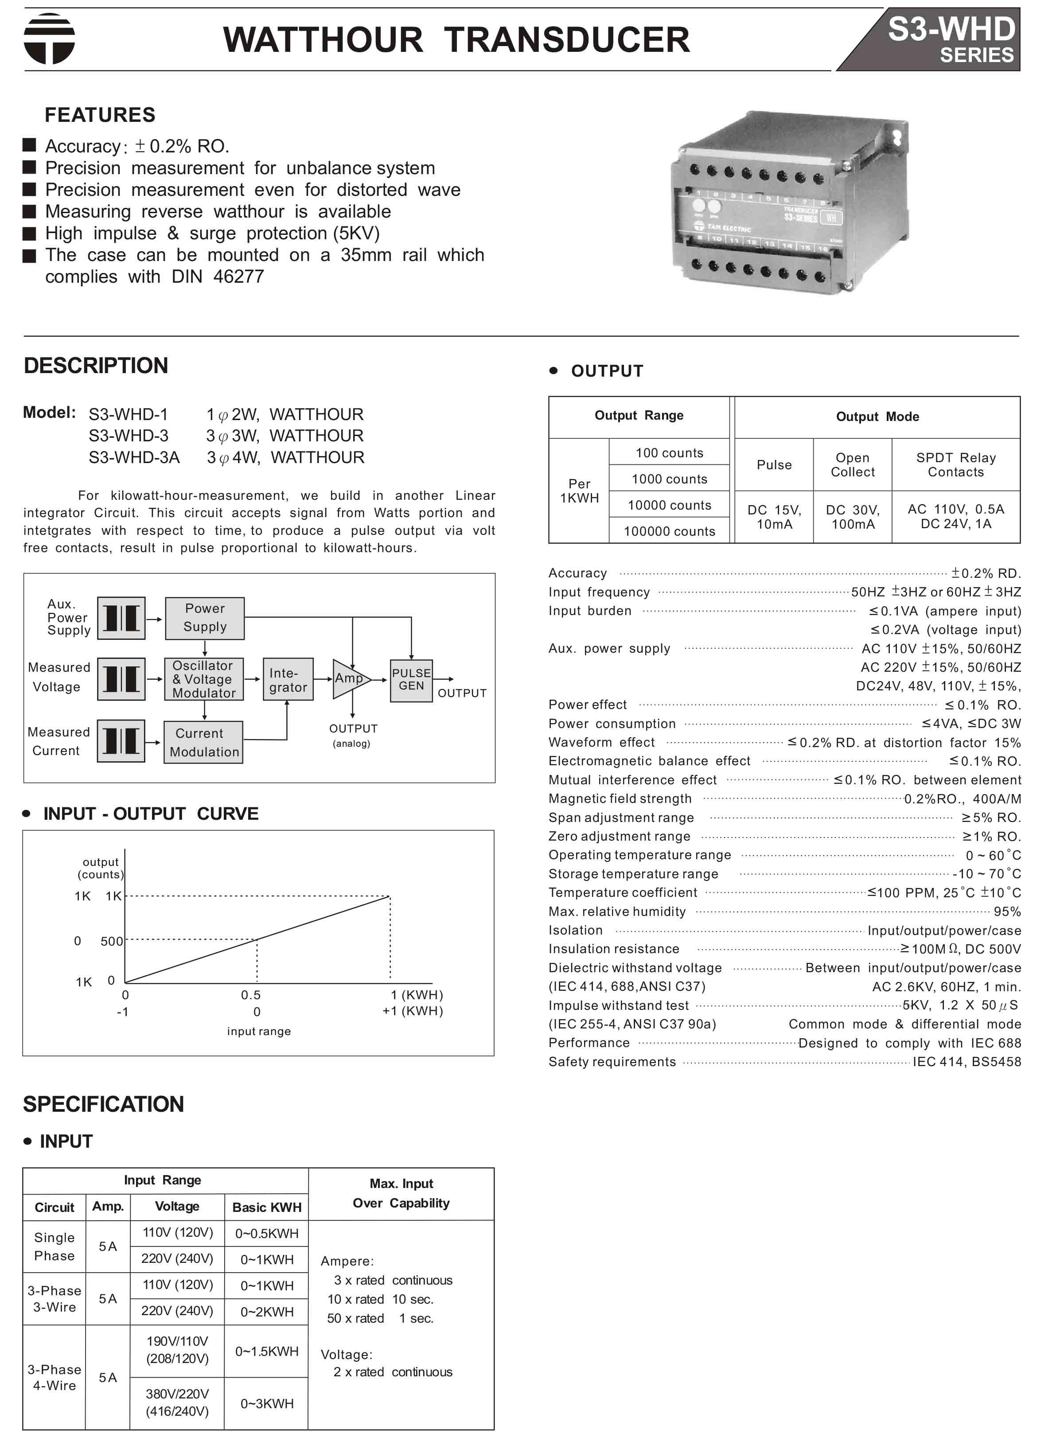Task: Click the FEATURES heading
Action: tap(100, 115)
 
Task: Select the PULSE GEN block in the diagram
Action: tap(411, 679)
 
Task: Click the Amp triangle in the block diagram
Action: tap(349, 678)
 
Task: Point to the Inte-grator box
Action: tap(288, 679)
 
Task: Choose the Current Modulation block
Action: tap(203, 742)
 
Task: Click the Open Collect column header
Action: tap(852, 464)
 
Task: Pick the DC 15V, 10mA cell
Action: tap(774, 516)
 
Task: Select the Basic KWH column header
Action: tap(267, 1207)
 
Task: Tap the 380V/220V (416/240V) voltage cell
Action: tap(177, 1403)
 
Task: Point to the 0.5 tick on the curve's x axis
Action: tap(250, 995)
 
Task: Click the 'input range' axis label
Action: tap(259, 1031)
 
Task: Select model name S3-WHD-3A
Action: tap(134, 457)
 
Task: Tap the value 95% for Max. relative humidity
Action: tap(1007, 911)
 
